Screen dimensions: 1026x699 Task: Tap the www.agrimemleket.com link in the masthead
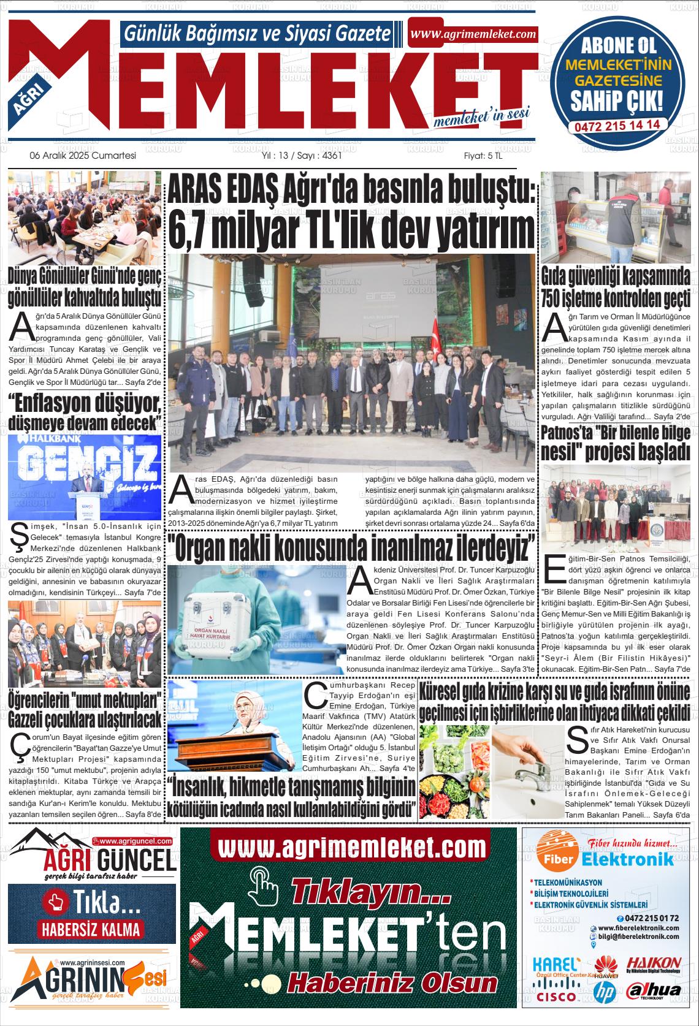473,34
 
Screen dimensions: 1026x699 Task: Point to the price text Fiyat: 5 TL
483,156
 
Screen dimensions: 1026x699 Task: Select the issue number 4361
331,156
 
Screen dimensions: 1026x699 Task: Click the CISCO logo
556,997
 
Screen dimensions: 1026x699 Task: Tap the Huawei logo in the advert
605,967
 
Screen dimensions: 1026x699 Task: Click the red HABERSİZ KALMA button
91,929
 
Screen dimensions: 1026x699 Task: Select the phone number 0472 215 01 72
651,918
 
